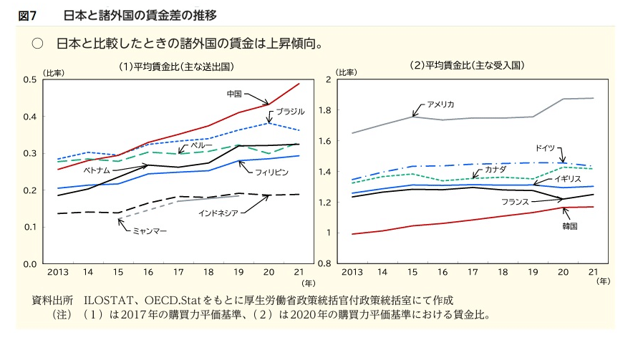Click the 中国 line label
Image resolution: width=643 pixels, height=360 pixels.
coord(233,93)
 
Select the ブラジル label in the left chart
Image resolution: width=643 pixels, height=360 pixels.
coord(291,111)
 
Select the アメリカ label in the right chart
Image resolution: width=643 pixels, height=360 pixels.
coord(440,104)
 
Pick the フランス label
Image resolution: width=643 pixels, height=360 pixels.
coord(516,202)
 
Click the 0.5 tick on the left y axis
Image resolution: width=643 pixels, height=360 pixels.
coord(30,79)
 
